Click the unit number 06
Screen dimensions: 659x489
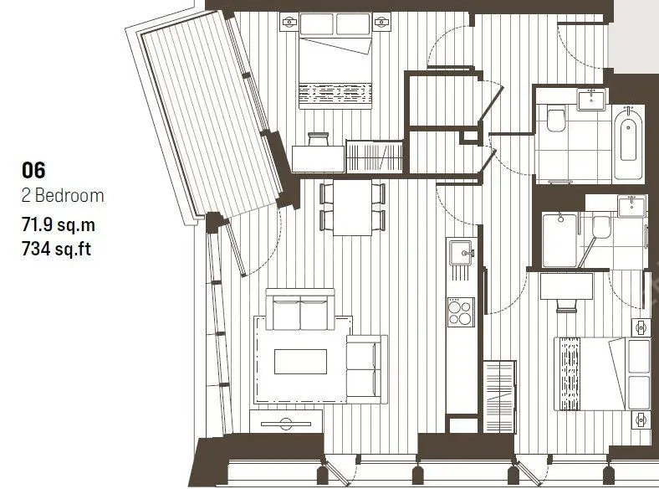33,171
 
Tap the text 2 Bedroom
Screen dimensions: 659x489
63,196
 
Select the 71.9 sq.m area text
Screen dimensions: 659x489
59,224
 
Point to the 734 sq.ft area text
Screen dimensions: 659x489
56,250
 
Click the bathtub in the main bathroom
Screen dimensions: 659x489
628,143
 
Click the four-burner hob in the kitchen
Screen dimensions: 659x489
461,311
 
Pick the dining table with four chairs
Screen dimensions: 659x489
352,208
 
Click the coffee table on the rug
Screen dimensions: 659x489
300,362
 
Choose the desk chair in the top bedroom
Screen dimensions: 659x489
318,139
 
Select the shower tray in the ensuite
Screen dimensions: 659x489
559,240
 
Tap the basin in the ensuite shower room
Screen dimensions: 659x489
631,206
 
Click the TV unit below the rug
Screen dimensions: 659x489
286,421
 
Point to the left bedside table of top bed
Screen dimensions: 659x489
289,22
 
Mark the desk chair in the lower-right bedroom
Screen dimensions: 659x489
566,305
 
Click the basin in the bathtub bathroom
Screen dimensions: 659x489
592,100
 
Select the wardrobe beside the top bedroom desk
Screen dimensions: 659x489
374,156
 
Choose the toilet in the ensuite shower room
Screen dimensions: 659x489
601,226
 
